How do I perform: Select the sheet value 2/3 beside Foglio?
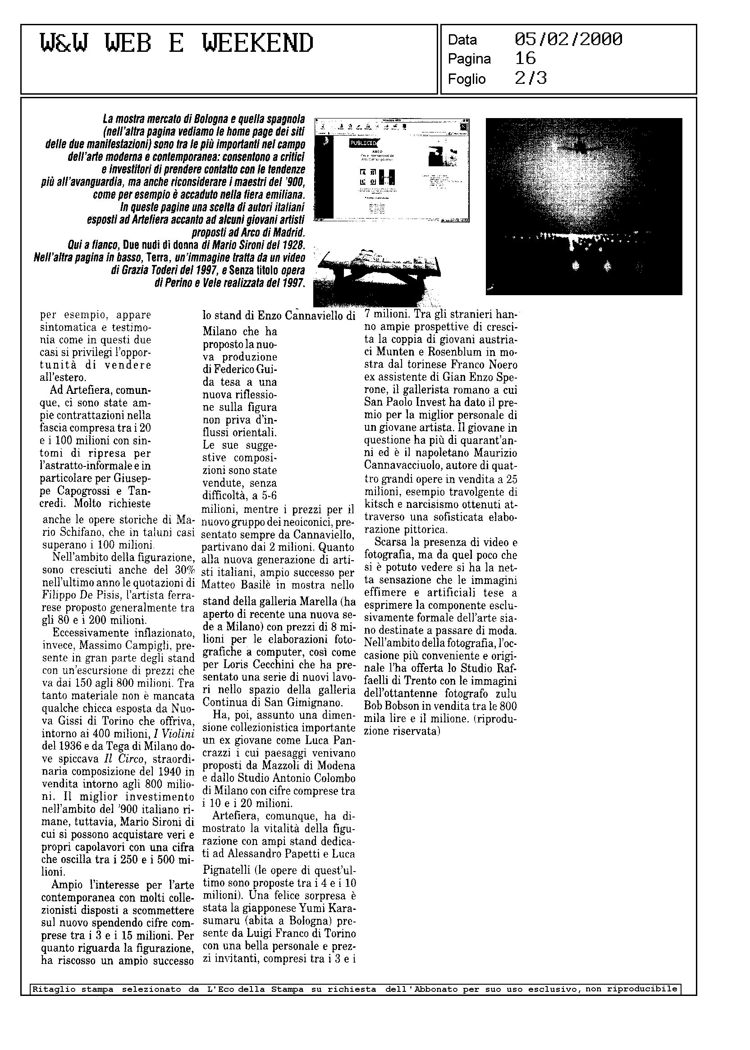(x=530, y=78)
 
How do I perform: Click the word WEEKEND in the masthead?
(x=258, y=44)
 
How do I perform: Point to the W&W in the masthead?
(x=63, y=44)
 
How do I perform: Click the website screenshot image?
(x=392, y=170)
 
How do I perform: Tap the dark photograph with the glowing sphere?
(x=584, y=206)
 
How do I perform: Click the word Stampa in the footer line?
(x=287, y=989)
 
